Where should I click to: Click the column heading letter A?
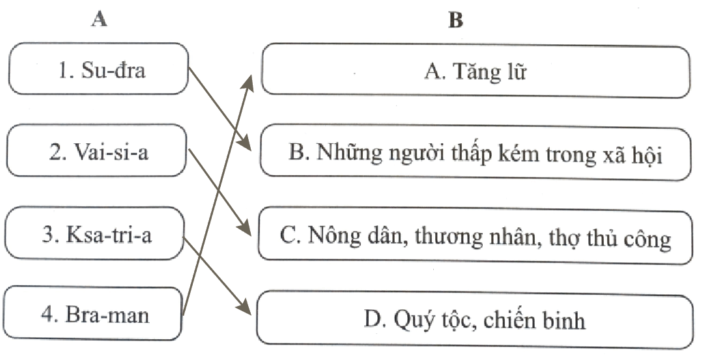tap(99, 19)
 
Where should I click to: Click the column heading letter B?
tap(455, 20)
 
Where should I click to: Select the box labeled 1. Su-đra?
tap(98, 69)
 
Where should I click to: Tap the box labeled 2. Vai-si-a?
tap(96, 150)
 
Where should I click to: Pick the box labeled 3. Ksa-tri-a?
tap(95, 233)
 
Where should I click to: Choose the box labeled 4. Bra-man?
tap(93, 313)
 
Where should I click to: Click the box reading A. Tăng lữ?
tap(476, 71)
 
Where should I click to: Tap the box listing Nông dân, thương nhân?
tap(476, 236)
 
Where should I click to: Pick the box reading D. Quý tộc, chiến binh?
tap(475, 320)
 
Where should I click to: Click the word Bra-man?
tap(107, 314)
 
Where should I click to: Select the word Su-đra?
tap(113, 70)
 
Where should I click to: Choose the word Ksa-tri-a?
tap(109, 235)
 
